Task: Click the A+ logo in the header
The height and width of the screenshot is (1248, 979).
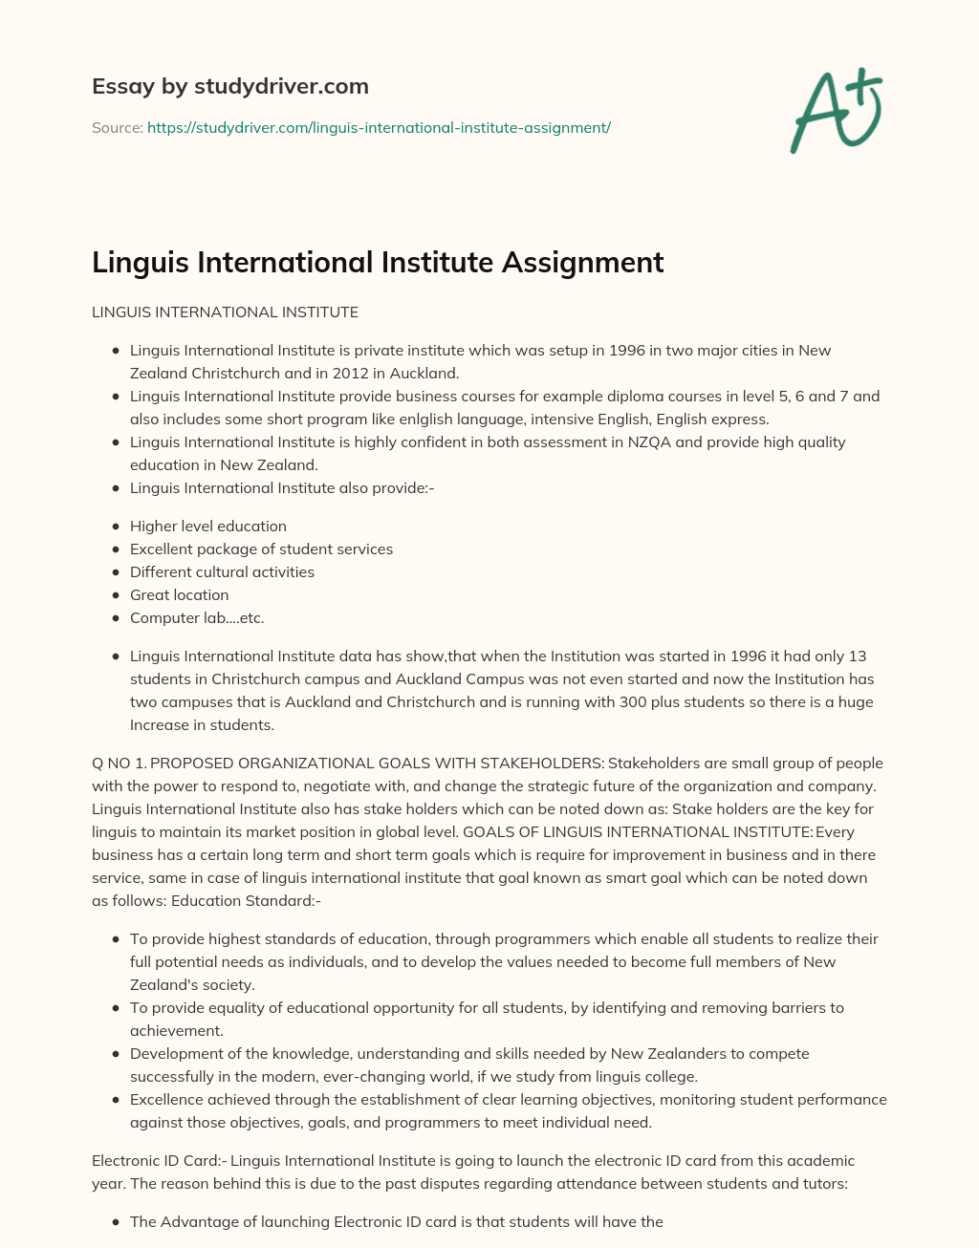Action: (x=837, y=110)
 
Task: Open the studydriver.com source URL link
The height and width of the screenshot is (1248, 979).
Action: (x=379, y=127)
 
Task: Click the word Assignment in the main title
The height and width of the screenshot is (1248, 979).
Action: (x=589, y=262)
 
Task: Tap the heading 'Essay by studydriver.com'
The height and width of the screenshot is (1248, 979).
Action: (x=230, y=86)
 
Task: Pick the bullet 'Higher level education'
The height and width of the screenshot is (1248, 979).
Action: (x=208, y=526)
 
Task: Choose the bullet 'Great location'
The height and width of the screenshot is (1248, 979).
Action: (x=180, y=594)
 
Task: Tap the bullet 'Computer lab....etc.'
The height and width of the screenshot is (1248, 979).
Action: (x=197, y=617)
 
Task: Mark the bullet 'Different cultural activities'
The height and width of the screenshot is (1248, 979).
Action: (x=222, y=571)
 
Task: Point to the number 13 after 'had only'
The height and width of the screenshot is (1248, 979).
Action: (x=858, y=656)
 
